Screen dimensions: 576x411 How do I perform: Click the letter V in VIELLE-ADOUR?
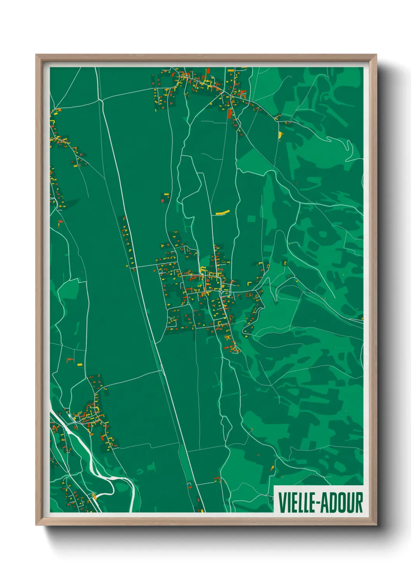(x=282, y=502)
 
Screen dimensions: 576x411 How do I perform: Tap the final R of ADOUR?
(x=359, y=502)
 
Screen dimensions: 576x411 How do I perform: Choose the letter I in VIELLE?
(x=289, y=502)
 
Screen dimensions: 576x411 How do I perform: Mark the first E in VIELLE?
(x=294, y=502)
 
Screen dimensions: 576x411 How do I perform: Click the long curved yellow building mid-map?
(x=223, y=212)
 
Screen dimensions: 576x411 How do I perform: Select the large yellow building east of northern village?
(x=280, y=135)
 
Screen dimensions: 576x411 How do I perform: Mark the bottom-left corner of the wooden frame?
(x=37, y=524)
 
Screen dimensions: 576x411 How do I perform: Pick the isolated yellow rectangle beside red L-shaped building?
(x=79, y=365)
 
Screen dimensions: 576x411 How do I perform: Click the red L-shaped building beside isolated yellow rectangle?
(x=70, y=360)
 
